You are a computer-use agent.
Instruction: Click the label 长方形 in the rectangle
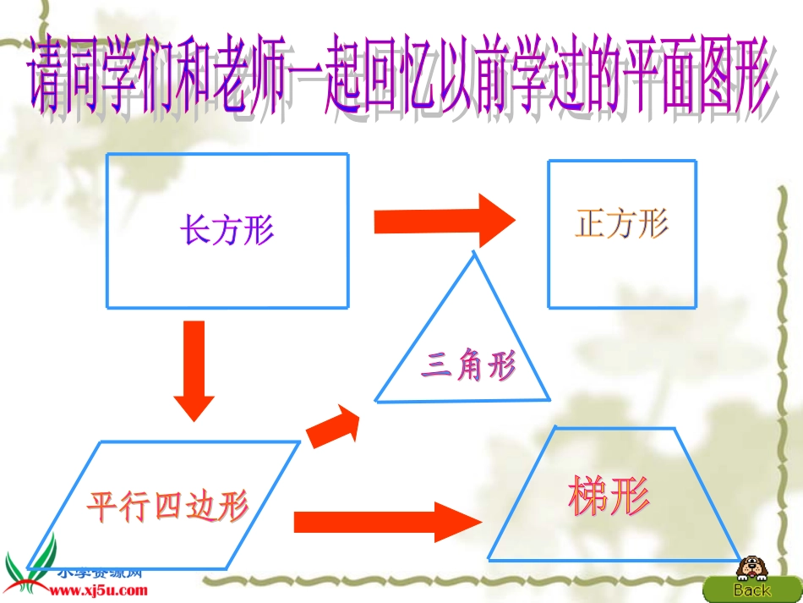tap(227, 229)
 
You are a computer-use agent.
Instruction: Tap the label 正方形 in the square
tap(622, 224)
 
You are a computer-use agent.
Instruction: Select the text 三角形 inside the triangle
tap(468, 367)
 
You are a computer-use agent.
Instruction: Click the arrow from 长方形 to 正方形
tap(444, 222)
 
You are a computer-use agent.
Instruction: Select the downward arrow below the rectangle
tap(194, 370)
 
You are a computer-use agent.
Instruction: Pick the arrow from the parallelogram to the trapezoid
tap(385, 520)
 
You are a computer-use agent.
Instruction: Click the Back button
tap(751, 589)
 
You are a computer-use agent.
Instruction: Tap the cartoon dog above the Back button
tap(750, 567)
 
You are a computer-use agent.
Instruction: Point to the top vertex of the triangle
tap(473, 254)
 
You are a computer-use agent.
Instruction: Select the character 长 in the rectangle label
tap(195, 229)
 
